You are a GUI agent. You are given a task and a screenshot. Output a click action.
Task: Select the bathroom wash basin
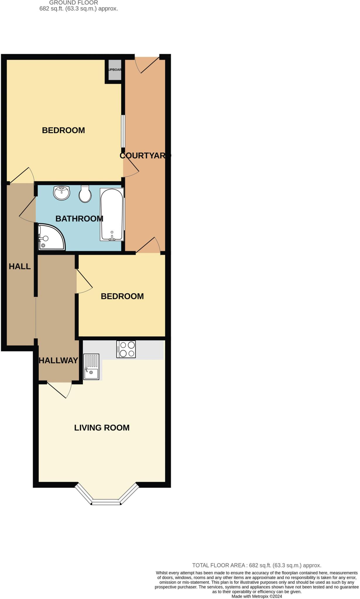(x=62, y=193)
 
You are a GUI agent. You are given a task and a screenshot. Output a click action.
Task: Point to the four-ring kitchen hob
(x=126, y=349)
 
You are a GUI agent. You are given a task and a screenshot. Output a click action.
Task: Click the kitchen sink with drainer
(x=91, y=367)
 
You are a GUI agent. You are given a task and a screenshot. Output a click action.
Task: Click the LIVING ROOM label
(x=102, y=428)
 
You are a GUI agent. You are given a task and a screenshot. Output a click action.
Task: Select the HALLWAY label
(x=59, y=360)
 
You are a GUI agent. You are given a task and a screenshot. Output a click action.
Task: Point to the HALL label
(x=20, y=266)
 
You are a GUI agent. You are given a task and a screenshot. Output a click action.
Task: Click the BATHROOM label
(x=79, y=218)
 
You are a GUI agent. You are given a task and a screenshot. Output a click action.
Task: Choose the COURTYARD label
(x=145, y=156)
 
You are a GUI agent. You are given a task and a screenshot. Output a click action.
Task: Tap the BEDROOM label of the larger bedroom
(x=64, y=130)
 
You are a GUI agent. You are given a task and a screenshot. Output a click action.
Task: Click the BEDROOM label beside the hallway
(x=122, y=296)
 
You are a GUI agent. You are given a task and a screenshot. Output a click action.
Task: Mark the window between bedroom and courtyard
(x=123, y=131)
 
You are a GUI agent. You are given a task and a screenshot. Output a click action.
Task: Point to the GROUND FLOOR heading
(x=73, y=3)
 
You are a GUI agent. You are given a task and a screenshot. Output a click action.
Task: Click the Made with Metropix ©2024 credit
(x=257, y=596)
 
